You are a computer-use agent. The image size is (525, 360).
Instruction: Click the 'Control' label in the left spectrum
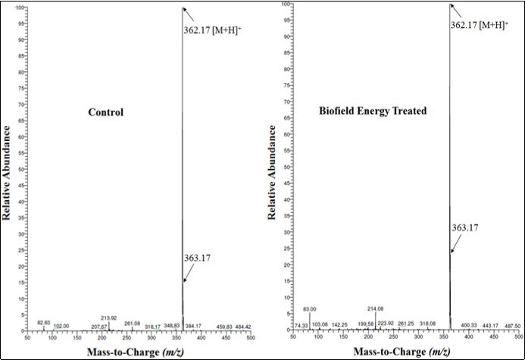105,113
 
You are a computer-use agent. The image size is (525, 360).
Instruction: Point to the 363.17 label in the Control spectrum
198,258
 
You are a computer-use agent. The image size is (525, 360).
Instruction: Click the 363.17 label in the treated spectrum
467,226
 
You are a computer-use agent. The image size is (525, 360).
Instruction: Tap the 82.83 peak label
47,323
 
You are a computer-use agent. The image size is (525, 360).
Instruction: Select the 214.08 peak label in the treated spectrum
376,309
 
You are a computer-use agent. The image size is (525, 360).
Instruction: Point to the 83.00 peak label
309,308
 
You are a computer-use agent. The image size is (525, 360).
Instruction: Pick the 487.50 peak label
512,326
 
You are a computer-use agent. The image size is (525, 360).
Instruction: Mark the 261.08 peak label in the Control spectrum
133,323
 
